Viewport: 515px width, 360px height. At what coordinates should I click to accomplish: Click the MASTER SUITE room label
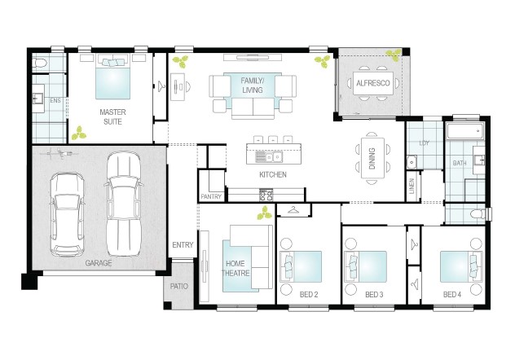pos(112,116)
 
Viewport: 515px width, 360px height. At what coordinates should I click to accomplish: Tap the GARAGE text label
pos(99,263)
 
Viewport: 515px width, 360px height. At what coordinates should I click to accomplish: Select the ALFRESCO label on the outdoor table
pos(373,83)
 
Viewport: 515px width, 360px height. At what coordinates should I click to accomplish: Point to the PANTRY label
pos(211,196)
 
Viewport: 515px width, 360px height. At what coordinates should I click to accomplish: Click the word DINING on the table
pos(372,159)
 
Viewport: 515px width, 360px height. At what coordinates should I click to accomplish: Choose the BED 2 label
pos(309,295)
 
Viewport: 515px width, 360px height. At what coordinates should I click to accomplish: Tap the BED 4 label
pos(452,295)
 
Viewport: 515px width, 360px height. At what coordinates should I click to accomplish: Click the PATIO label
pos(179,287)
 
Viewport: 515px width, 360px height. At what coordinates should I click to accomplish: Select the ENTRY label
pos(183,245)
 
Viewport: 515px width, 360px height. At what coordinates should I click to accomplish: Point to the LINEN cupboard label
pos(412,186)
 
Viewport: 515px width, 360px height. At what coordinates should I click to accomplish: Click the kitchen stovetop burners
pos(266,195)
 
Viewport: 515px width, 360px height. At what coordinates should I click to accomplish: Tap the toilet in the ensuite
pos(40,63)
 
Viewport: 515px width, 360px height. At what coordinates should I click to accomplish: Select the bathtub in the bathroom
pos(465,131)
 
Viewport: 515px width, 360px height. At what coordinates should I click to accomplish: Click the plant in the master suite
pos(79,133)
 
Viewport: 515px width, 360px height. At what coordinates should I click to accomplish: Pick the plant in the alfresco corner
pos(394,55)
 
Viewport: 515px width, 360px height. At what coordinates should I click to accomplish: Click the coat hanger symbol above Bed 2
pos(293,209)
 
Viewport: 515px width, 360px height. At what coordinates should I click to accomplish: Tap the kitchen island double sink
pos(273,157)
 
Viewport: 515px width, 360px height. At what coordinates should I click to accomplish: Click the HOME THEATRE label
pos(235,268)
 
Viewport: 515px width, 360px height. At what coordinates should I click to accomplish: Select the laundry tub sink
pos(412,162)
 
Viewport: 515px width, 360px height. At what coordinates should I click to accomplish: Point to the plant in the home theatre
pos(264,213)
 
